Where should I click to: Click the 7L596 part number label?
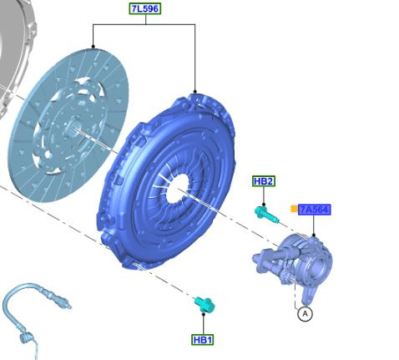pyautogui.click(x=145, y=8)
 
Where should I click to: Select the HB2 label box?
pyautogui.click(x=264, y=181)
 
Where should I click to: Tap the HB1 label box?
pyautogui.click(x=203, y=340)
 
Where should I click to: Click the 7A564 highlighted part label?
pyautogui.click(x=315, y=210)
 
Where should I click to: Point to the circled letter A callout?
pyautogui.click(x=305, y=314)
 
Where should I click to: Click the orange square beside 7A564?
pyautogui.click(x=294, y=209)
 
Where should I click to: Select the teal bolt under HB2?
pyautogui.click(x=266, y=215)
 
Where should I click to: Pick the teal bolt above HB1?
pyautogui.click(x=205, y=304)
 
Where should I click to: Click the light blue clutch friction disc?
pyautogui.click(x=68, y=125)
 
